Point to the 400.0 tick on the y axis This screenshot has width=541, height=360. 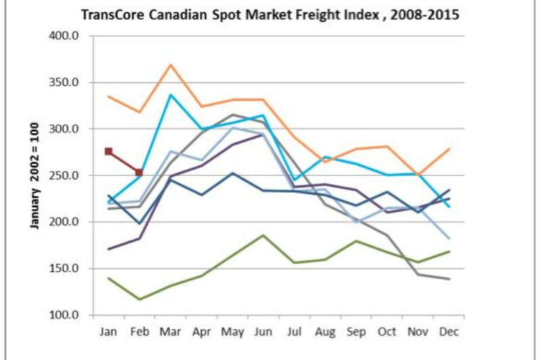[66, 36]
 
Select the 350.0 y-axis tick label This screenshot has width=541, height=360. [66, 83]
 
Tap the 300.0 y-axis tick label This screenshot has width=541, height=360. [66, 129]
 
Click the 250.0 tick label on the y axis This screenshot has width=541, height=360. [66, 176]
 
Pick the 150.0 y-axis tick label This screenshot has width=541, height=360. [66, 269]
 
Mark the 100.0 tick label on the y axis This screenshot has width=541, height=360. [66, 315]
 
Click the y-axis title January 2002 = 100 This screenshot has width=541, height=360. [34, 176]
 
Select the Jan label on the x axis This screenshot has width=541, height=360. [108, 332]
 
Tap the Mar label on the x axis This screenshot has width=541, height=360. [170, 332]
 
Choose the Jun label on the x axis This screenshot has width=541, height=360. [263, 332]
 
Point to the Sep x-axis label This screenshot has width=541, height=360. [356, 332]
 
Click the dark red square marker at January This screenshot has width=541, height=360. [108, 152]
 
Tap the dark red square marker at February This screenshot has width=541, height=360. [139, 173]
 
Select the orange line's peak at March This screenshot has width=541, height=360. [170, 65]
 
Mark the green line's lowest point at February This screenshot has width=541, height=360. [139, 299]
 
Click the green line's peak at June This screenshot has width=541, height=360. [263, 235]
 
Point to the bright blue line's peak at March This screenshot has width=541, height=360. [170, 95]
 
